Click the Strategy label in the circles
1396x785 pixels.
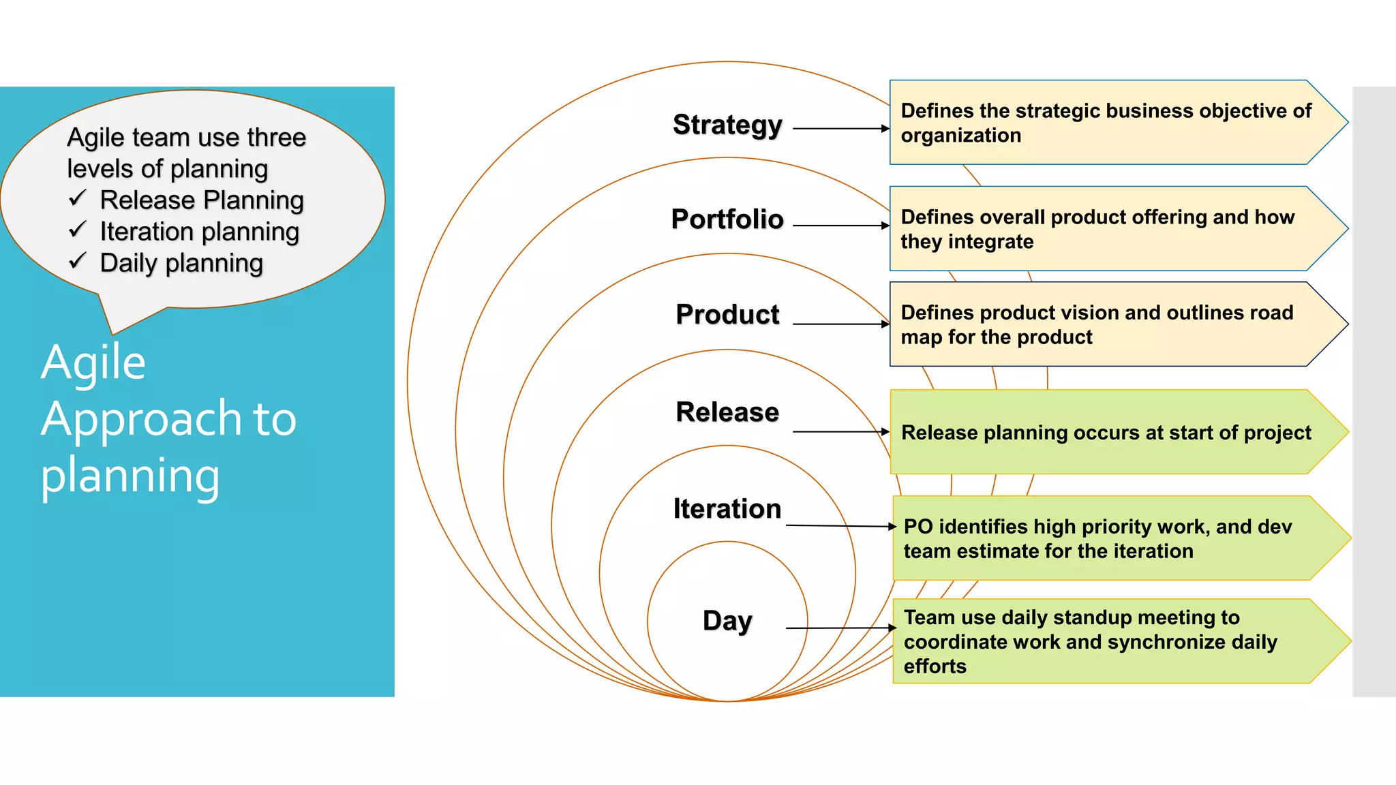(x=727, y=125)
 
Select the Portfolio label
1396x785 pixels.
(x=727, y=219)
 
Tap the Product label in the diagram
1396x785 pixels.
(x=727, y=315)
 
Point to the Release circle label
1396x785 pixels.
(x=727, y=412)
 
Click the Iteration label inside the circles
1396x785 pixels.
(x=727, y=509)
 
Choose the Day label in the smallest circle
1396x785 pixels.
(x=727, y=621)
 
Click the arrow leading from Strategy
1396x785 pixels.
(x=841, y=128)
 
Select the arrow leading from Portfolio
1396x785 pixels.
(x=841, y=225)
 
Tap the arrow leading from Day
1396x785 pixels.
(x=840, y=628)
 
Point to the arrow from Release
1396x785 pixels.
(x=841, y=431)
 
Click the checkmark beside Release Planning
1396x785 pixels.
(x=78, y=198)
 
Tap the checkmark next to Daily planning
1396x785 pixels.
(x=78, y=260)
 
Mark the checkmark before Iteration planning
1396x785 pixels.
(x=78, y=229)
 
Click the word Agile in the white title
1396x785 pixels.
(x=93, y=363)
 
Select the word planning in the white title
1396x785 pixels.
(x=130, y=476)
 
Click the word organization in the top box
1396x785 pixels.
(x=960, y=136)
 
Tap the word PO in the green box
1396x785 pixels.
(x=917, y=527)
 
